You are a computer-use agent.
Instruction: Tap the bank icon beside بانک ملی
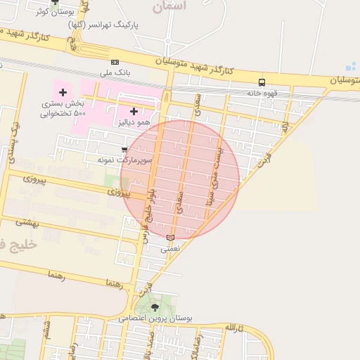click(x=115, y=62)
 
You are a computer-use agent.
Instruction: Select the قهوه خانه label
click(x=262, y=92)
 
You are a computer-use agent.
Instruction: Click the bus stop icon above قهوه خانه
click(x=262, y=82)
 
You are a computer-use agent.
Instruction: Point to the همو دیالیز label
click(x=134, y=122)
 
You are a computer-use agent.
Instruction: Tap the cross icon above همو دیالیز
click(x=134, y=111)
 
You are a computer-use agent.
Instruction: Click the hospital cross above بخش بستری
click(x=63, y=92)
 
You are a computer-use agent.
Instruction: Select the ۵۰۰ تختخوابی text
click(x=62, y=113)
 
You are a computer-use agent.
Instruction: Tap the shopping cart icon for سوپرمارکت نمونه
click(x=124, y=150)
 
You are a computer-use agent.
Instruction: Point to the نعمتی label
click(x=170, y=248)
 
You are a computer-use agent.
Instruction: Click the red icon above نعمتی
click(x=170, y=238)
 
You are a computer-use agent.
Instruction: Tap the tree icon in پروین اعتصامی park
click(x=155, y=307)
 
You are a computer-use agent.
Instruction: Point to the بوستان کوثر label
click(x=56, y=12)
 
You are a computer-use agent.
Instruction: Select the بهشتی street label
click(x=28, y=223)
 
